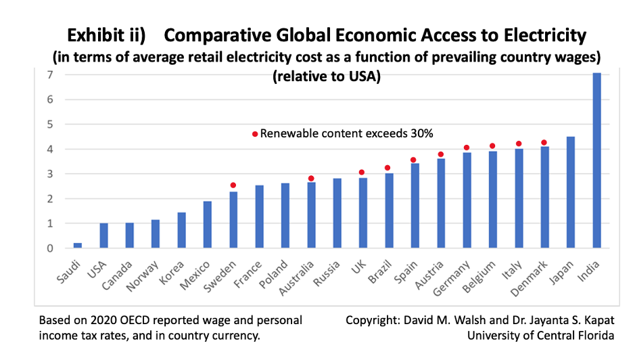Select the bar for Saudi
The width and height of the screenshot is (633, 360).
pos(78,246)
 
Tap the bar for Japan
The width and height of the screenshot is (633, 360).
pos(570,192)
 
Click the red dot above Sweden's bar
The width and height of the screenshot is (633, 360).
pos(233,185)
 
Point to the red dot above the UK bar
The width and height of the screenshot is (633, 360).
pos(362,173)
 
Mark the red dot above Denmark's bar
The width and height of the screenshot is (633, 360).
pos(544,143)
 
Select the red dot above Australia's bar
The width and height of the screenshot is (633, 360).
pos(311,179)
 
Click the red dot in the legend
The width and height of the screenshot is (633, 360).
pos(255,134)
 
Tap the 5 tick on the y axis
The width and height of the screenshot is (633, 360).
pos(50,125)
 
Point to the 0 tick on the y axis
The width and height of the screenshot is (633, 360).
pos(50,248)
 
